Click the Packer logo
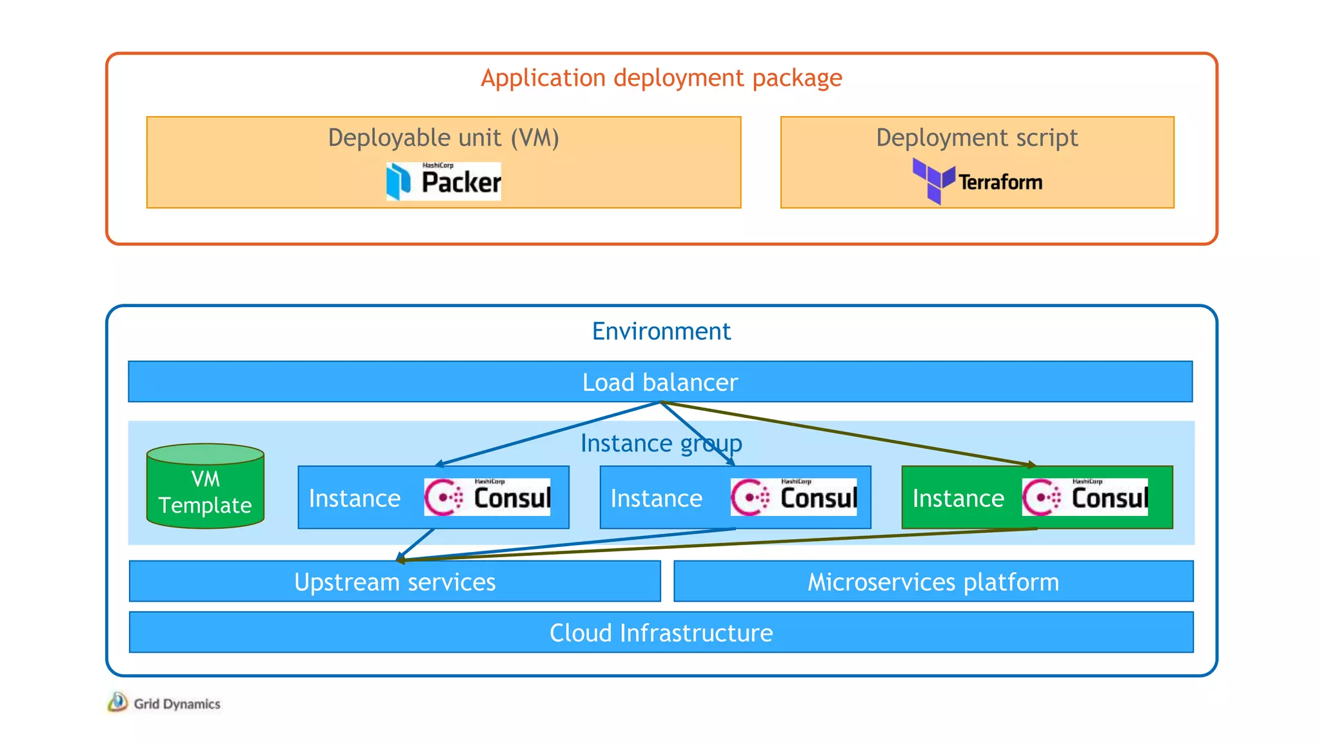[x=443, y=181]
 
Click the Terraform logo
[x=977, y=181]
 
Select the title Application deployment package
[x=661, y=78]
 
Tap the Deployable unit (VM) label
[x=443, y=138]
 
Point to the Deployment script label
[x=977, y=138]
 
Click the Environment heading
[x=661, y=332]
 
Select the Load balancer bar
[x=660, y=382]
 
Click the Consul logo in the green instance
[x=1084, y=497]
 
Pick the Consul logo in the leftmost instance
[x=487, y=497]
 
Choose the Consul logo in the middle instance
[x=793, y=497]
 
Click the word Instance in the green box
[x=958, y=499]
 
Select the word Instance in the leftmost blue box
[x=355, y=499]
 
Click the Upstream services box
[x=395, y=582]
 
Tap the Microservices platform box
[x=933, y=582]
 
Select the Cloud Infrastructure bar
[x=661, y=633]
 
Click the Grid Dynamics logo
[x=164, y=703]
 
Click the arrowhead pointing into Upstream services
[x=401, y=559]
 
